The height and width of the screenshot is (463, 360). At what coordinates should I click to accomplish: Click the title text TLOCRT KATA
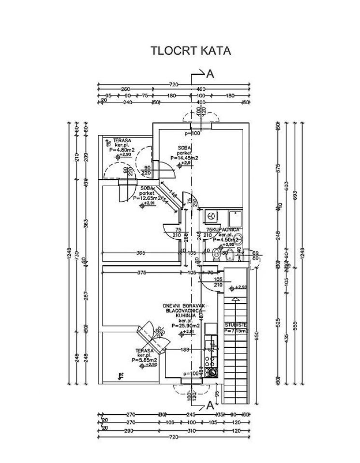[x=192, y=51]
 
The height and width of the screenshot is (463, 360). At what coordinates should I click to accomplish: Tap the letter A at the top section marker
[x=210, y=74]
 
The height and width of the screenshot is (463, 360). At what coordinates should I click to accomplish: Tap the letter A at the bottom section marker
[x=210, y=406]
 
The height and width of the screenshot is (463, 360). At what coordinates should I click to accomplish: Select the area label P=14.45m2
[x=185, y=158]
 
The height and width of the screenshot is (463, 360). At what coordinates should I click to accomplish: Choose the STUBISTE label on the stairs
[x=235, y=326]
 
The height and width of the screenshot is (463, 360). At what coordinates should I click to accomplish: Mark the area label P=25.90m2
[x=185, y=326]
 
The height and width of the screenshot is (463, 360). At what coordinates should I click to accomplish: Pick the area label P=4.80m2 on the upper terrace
[x=121, y=150]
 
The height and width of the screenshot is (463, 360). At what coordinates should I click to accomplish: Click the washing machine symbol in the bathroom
[x=211, y=216]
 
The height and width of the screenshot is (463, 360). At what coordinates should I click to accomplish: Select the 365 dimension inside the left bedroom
[x=140, y=252]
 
